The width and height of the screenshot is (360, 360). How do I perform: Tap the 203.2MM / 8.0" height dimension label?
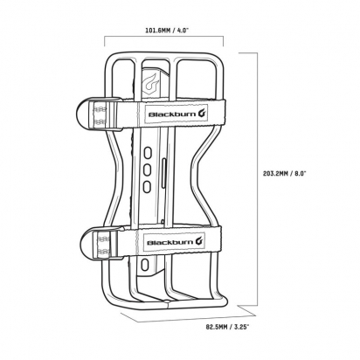[284, 174]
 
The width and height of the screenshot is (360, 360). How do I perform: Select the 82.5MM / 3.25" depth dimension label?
[227, 327]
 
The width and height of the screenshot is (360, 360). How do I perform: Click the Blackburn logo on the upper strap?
[177, 114]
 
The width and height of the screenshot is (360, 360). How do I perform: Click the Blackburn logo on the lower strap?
[174, 242]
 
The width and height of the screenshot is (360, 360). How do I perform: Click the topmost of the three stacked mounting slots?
[148, 153]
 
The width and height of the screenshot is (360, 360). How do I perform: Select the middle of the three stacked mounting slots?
[148, 170]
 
